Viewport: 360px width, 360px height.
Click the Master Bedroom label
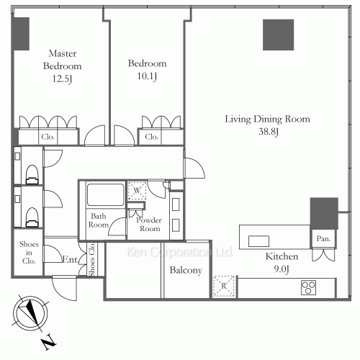point(63,60)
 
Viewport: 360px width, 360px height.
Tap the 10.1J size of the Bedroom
point(147,76)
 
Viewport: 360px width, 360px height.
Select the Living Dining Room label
point(267,119)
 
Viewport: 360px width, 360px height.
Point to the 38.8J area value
point(269,132)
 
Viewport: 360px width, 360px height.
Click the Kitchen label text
point(282,256)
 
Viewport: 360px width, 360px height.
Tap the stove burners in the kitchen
point(308,287)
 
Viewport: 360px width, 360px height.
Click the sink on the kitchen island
point(258,241)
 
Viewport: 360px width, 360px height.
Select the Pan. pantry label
point(323,238)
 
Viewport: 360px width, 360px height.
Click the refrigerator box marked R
point(224,286)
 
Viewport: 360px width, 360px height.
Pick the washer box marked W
point(137,191)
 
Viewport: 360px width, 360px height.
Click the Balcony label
point(186,271)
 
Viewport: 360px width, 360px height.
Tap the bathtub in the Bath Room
point(106,194)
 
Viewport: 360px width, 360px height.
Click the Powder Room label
point(149,225)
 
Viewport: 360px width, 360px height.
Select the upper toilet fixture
point(32,174)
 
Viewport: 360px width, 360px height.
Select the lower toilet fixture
point(32,217)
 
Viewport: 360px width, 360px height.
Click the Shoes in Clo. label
point(29,253)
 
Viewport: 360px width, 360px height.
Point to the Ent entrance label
point(70,259)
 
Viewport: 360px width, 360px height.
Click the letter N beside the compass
point(50,341)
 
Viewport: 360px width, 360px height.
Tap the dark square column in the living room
point(278,35)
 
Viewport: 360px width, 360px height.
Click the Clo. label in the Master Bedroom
point(48,137)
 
